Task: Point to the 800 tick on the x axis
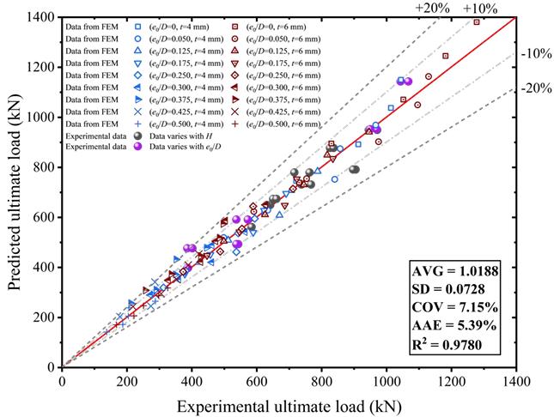pos(321,380)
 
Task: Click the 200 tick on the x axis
pos(126,380)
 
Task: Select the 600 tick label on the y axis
pos(44,217)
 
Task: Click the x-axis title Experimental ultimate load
pos(289,401)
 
